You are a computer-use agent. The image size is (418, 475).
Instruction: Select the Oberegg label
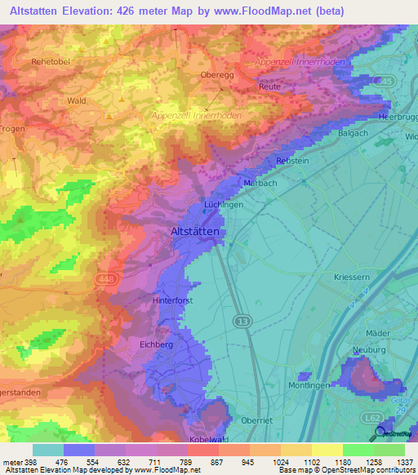(x=217, y=74)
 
